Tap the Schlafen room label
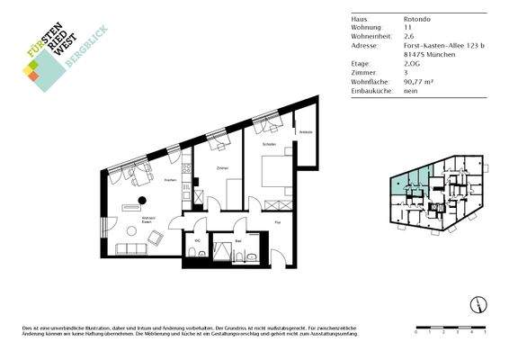pyautogui.click(x=268, y=144)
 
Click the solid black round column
pyautogui.click(x=140, y=200)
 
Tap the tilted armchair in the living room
pyautogui.click(x=156, y=238)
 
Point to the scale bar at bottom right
pyautogui.click(x=451, y=328)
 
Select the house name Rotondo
pyautogui.click(x=416, y=18)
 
